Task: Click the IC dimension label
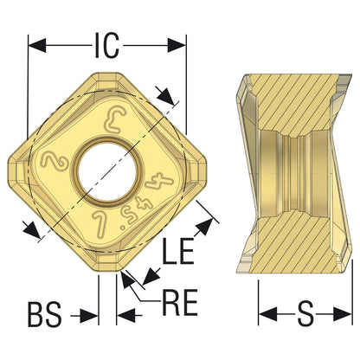click(x=106, y=46)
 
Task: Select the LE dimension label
click(x=178, y=252)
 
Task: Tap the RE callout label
click(x=180, y=302)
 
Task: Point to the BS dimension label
click(x=45, y=314)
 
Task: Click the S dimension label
click(x=305, y=314)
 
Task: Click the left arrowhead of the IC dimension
click(x=37, y=46)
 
